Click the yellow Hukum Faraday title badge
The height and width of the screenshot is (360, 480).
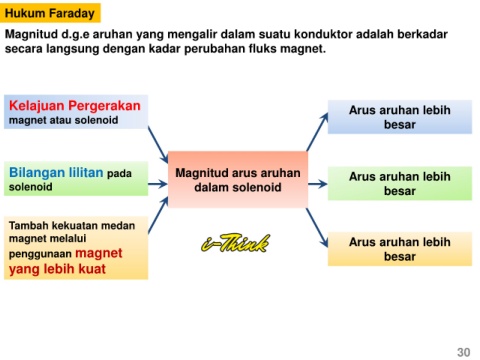(50, 13)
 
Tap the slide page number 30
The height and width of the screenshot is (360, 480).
(464, 352)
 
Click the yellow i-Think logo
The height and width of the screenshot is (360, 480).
(236, 243)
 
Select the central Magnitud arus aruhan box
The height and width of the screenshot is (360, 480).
(238, 180)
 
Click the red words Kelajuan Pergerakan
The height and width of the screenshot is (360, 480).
(75, 106)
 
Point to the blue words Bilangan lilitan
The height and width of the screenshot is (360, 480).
(56, 173)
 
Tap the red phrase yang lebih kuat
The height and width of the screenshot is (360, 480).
(57, 269)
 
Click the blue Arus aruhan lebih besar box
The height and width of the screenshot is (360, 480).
(400, 117)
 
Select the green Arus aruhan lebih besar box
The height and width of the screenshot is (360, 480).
(400, 183)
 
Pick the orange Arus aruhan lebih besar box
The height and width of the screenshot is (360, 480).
(400, 249)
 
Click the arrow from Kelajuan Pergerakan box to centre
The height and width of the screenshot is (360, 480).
(158, 145)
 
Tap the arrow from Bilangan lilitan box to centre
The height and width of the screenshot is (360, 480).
(158, 184)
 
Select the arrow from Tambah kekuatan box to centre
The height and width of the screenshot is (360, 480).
(158, 215)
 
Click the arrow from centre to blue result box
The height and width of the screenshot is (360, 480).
(317, 132)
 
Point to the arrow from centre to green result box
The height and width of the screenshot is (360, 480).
(318, 184)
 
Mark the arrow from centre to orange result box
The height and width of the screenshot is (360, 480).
(317, 228)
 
